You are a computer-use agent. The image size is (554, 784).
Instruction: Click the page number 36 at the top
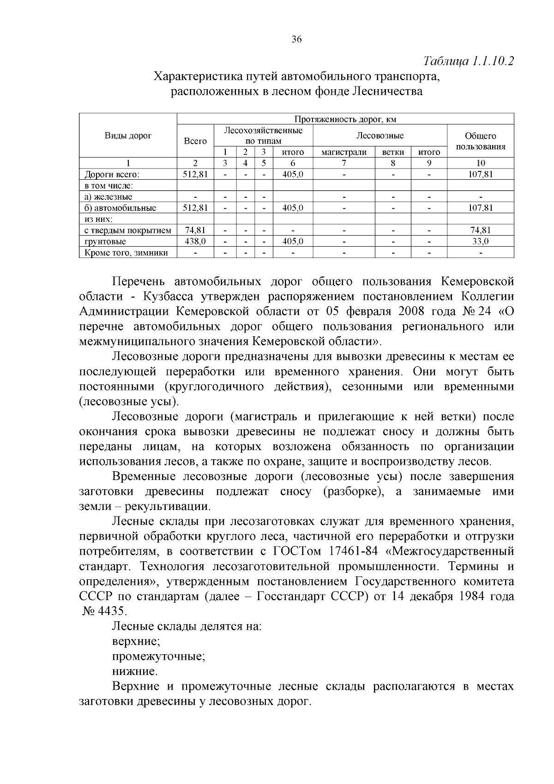tap(296, 40)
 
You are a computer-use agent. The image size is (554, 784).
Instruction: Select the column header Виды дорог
tap(128, 136)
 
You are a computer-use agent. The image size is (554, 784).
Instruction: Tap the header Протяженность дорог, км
tap(345, 119)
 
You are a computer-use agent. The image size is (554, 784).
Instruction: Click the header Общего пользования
tap(481, 141)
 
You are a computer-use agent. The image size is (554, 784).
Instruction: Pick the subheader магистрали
tap(343, 152)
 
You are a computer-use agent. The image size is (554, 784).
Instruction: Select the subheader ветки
tap(393, 152)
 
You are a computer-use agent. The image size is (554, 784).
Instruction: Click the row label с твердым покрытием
tap(128, 230)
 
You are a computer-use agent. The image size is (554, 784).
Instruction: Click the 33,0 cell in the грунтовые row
tap(481, 241)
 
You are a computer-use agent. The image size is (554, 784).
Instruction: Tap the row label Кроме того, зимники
tap(126, 253)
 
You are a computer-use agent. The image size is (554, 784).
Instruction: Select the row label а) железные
tap(108, 197)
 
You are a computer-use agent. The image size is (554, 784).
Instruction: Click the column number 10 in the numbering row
tap(481, 163)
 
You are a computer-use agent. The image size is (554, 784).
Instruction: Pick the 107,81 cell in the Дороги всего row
tap(481, 174)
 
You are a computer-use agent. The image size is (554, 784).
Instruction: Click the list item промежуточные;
tap(159, 656)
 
